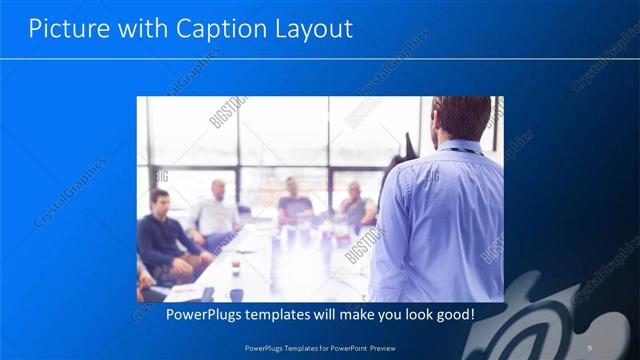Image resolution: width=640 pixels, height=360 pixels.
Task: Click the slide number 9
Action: click(590, 347)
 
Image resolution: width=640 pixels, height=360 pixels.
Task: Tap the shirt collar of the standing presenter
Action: click(459, 150)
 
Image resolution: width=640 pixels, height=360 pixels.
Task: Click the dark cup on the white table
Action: click(235, 266)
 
